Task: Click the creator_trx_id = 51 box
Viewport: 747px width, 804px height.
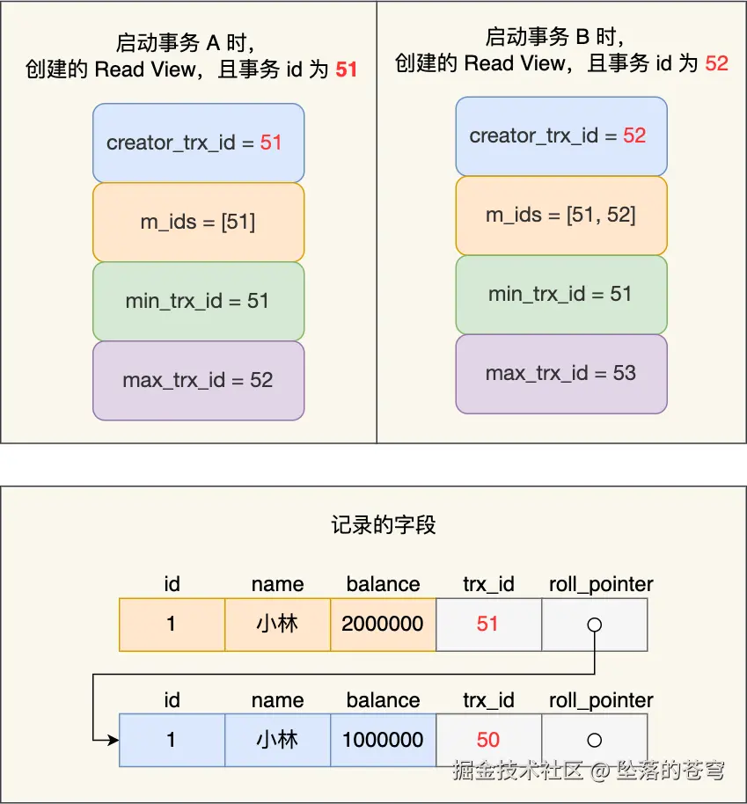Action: coord(198,143)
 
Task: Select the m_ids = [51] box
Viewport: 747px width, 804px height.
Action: coord(198,222)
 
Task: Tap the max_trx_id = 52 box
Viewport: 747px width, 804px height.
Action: coord(198,380)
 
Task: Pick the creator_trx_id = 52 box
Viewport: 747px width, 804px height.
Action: coord(560,135)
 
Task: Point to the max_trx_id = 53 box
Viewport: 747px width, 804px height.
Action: coord(560,373)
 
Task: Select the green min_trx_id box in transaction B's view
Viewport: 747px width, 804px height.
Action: coord(560,294)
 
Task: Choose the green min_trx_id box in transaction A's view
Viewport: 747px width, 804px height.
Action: coord(198,301)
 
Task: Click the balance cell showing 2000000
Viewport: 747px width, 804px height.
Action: coord(383,625)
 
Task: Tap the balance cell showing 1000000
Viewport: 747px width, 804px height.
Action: coord(383,741)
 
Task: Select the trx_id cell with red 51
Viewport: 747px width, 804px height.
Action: coord(488,625)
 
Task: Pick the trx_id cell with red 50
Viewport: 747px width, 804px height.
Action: coord(488,741)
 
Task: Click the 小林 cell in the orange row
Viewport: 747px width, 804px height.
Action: coord(277,625)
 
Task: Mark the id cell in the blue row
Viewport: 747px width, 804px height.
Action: coord(172,741)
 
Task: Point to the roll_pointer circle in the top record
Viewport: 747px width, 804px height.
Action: coord(595,625)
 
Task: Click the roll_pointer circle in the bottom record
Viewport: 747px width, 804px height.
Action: coord(595,741)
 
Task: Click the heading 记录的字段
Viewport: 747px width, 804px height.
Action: coord(384,526)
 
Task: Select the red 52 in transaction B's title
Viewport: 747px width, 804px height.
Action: coord(717,63)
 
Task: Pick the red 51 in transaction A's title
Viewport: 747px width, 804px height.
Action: coord(347,69)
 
